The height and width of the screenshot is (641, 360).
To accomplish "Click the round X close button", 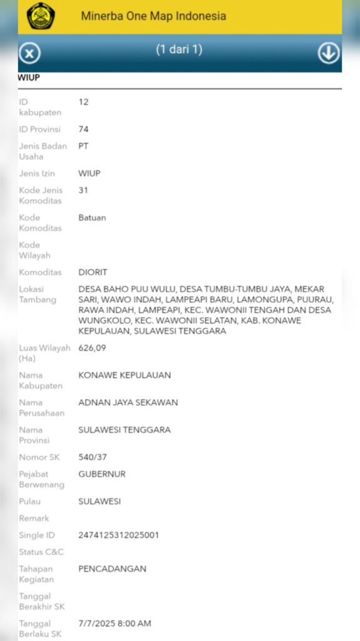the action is tap(29, 53).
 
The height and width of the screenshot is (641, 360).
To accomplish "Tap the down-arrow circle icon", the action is tap(329, 53).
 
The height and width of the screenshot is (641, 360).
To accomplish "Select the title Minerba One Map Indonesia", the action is tap(153, 16).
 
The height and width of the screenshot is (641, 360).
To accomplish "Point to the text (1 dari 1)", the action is tap(179, 49).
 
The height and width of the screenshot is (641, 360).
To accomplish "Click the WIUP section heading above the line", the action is tap(29, 78).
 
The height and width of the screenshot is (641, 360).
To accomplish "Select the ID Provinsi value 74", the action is tap(83, 129).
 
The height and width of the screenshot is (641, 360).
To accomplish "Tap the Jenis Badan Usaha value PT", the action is tap(83, 146).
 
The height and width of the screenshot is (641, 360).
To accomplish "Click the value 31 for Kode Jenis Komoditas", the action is tap(83, 190).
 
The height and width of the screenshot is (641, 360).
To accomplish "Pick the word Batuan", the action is tap(92, 217).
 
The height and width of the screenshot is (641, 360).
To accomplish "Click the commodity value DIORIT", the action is tap(93, 272).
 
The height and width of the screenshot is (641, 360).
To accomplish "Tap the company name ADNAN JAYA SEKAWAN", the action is tap(128, 403).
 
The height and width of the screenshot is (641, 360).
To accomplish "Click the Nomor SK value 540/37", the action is tap(93, 457).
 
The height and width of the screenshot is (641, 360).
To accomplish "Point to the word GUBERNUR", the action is tap(102, 474).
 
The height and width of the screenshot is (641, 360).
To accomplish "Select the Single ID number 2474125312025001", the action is tap(118, 535).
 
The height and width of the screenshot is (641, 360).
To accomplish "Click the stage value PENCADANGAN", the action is tap(112, 568).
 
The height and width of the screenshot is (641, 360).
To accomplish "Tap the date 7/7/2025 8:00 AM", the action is tap(115, 623).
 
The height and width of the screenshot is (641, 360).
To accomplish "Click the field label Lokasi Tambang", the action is tap(38, 294).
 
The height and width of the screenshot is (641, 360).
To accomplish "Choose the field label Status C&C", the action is tap(41, 552).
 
